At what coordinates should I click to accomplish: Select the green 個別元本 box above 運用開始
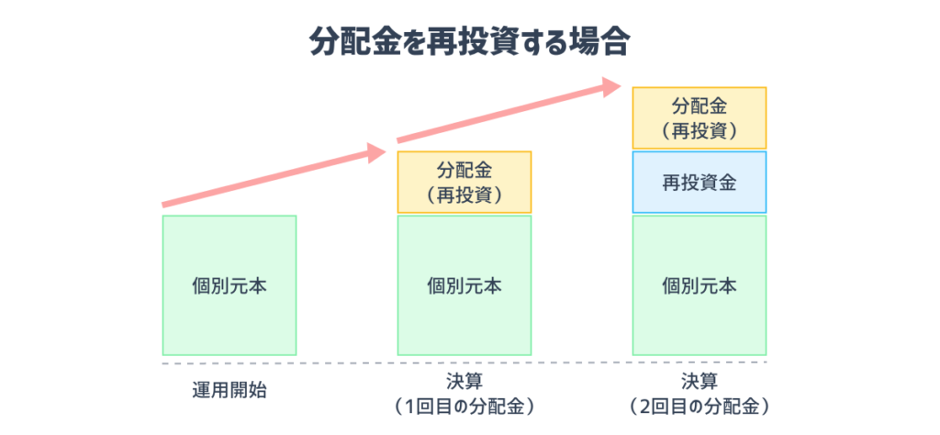tap(229, 285)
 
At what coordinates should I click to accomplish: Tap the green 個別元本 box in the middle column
tap(464, 285)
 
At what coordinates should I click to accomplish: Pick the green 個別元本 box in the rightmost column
tap(699, 285)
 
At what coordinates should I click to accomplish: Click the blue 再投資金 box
tap(699, 183)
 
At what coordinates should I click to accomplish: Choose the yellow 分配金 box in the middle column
tap(464, 182)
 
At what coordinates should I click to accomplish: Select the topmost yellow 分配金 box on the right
tap(699, 117)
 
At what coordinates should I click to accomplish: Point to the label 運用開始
tap(229, 390)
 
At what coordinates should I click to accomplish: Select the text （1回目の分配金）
tap(464, 405)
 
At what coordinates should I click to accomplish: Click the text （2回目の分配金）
tap(699, 405)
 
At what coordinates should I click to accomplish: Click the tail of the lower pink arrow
tap(165, 204)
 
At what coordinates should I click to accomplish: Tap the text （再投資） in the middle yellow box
tap(464, 194)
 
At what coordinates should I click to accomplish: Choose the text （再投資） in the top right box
tap(699, 130)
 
